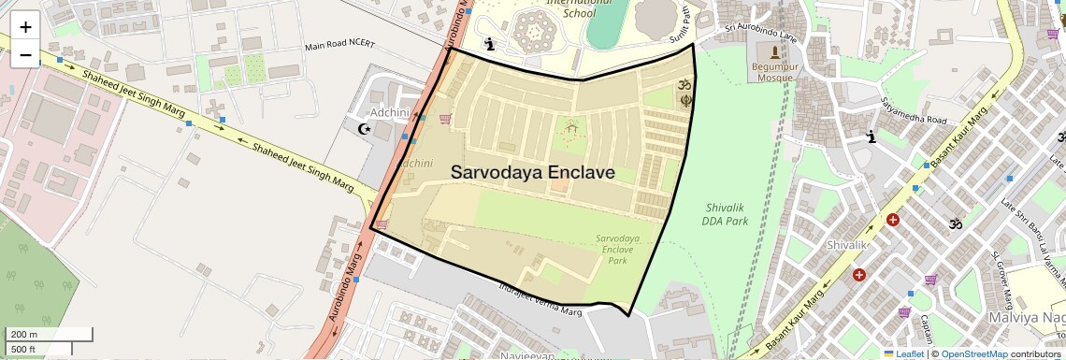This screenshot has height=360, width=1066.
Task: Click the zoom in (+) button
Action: [25, 28]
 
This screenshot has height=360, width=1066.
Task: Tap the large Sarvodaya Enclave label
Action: [532, 173]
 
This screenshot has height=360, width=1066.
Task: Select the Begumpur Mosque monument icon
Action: [773, 50]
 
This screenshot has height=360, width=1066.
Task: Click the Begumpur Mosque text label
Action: [773, 73]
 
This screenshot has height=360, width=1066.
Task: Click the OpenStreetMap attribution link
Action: [973, 353]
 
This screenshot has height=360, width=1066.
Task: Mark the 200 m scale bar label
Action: [24, 335]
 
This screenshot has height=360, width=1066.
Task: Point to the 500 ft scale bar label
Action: [23, 350]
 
